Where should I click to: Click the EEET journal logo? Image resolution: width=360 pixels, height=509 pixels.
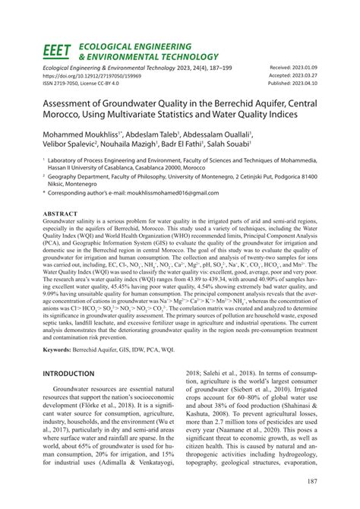(x=55, y=52)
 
